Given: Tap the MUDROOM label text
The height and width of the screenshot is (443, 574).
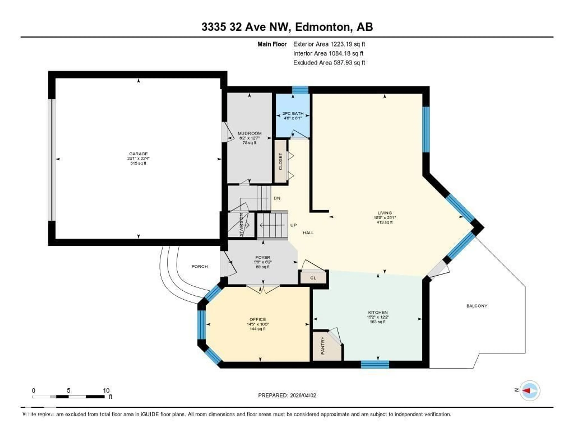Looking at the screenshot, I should pyautogui.click(x=249, y=133).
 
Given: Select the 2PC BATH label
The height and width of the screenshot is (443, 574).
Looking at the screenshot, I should pyautogui.click(x=293, y=114).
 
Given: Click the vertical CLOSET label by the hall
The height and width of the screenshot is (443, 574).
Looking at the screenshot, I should pyautogui.click(x=280, y=161).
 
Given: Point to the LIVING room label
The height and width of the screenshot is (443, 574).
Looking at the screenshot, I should pyautogui.click(x=384, y=213).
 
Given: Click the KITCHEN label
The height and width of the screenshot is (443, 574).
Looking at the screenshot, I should pyautogui.click(x=378, y=312).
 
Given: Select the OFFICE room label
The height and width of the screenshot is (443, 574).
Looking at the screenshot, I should pyautogui.click(x=258, y=319).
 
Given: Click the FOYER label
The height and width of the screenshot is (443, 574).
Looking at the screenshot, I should pyautogui.click(x=262, y=257).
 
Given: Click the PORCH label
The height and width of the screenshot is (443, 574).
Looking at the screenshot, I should pyautogui.click(x=200, y=266).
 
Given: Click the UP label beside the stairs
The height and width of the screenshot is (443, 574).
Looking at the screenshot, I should pyautogui.click(x=293, y=225).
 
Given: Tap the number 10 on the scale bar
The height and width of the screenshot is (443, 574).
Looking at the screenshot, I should pyautogui.click(x=106, y=390).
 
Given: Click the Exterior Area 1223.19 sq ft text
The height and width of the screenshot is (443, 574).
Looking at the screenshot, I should pyautogui.click(x=329, y=44).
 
